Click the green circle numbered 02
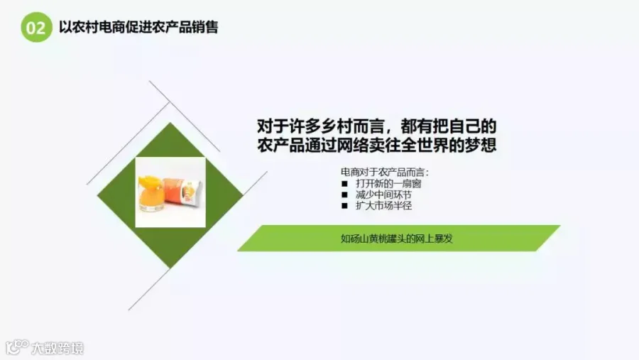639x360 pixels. coord(37,27)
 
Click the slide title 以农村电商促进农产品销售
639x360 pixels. coord(138,27)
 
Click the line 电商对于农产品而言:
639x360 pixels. coord(385,173)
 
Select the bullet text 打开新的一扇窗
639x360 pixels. coord(388,183)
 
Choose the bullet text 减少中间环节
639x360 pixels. coord(383,195)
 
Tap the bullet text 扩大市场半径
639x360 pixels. coord(383,205)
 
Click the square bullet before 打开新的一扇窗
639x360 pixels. coord(345,184)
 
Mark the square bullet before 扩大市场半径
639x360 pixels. coord(345,206)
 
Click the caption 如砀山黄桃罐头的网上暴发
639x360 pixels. coord(396,239)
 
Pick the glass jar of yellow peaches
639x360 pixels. coord(151,194)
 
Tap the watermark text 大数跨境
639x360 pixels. coord(58,348)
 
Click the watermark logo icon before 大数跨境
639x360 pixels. coord(17,347)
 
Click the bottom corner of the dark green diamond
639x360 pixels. coord(170,268)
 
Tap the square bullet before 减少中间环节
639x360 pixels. coord(345,195)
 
